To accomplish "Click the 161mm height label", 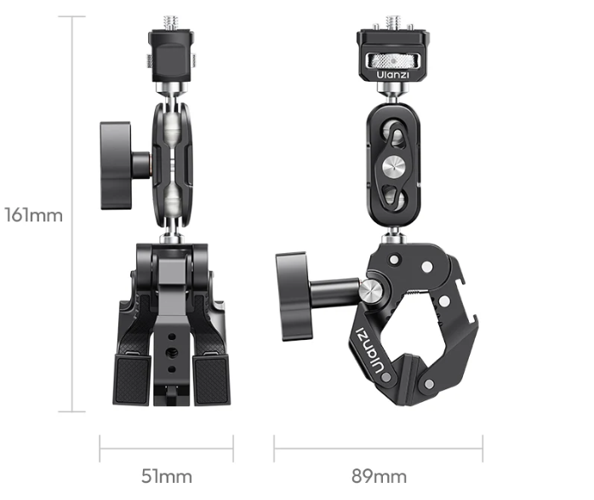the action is [x=34, y=216].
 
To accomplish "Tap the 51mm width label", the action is [x=166, y=476].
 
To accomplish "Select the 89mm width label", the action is [x=379, y=476].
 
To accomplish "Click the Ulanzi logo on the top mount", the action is [x=392, y=75].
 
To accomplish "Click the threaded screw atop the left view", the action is [x=172, y=23].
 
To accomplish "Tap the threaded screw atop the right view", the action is [x=393, y=23].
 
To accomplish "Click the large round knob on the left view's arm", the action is [x=116, y=165].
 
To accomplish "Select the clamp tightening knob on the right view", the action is [x=294, y=296].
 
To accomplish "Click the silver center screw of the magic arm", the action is [x=393, y=165].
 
